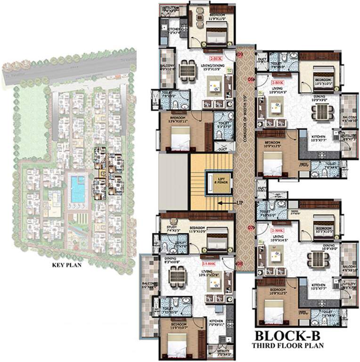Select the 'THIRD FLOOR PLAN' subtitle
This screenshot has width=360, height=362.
[287, 346]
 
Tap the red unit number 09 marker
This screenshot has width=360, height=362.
[239, 56]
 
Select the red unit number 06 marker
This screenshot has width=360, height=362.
[251, 79]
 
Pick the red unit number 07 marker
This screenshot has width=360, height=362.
[251, 228]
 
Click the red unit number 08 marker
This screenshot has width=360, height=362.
[239, 263]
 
